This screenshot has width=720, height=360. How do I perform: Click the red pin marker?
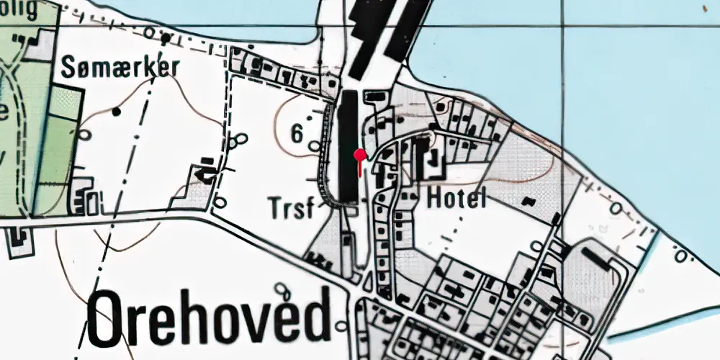(x=359, y=154)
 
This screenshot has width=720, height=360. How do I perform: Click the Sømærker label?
(x=120, y=68)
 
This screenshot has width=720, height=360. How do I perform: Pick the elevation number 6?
(x=297, y=132)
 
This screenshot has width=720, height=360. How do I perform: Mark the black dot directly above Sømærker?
(x=166, y=38)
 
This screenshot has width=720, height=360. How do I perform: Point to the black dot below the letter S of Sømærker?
(x=116, y=112)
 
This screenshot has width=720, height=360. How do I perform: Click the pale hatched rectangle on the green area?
(x=63, y=103)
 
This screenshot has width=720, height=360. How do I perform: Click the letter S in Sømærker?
(x=69, y=68)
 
